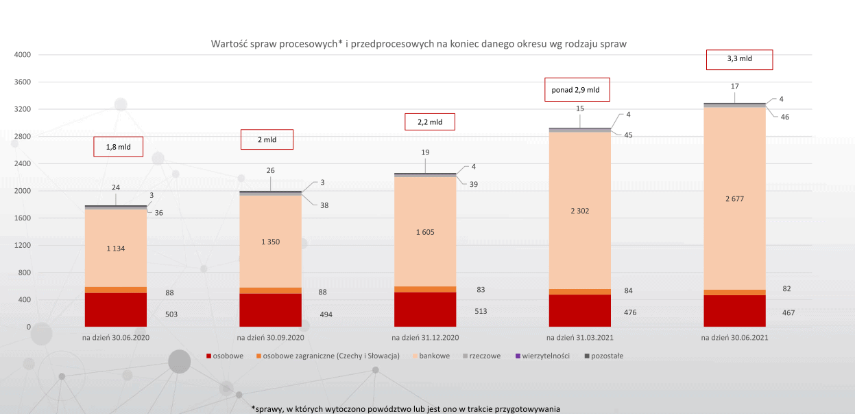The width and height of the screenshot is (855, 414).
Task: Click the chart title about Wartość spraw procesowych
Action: (x=418, y=43)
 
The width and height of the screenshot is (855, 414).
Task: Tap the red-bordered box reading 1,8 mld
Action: (x=117, y=147)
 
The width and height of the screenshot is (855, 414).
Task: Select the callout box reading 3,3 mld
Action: (x=739, y=59)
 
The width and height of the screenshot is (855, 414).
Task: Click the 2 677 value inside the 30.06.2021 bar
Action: (x=734, y=199)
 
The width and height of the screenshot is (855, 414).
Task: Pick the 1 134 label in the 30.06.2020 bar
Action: (x=115, y=249)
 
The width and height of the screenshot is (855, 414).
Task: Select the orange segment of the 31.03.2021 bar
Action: (x=580, y=292)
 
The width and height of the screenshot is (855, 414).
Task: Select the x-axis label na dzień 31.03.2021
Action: (x=579, y=338)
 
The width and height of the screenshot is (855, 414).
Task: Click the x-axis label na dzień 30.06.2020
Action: (x=115, y=338)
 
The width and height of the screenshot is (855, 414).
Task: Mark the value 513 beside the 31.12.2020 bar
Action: (x=480, y=311)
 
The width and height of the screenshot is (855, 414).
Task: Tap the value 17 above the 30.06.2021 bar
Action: (x=734, y=87)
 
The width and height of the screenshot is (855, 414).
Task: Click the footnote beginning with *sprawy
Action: (x=406, y=409)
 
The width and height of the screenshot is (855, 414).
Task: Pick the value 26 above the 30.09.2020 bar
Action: (x=270, y=170)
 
